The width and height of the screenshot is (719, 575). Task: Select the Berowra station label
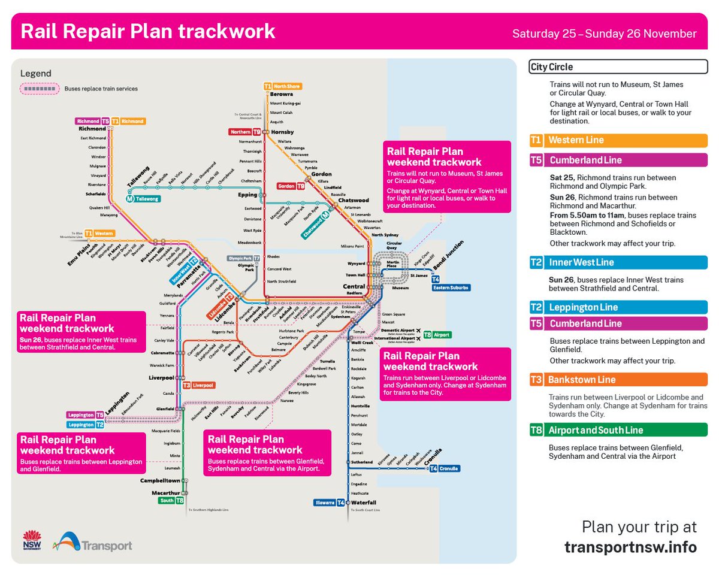click(x=281, y=94)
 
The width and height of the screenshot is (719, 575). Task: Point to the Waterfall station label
click(x=364, y=503)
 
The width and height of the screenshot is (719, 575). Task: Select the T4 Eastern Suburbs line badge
click(x=451, y=284)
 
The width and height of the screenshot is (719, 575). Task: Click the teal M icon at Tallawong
click(x=129, y=198)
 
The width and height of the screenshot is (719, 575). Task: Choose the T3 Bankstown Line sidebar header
click(x=618, y=380)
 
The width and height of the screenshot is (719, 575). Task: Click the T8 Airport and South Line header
click(x=618, y=430)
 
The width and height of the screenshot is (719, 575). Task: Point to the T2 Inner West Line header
click(x=618, y=262)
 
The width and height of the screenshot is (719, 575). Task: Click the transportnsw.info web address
click(x=630, y=547)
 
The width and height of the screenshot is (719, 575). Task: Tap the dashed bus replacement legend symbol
click(x=40, y=89)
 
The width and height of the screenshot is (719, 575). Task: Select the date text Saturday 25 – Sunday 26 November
click(x=604, y=34)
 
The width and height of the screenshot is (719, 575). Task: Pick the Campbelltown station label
click(x=160, y=480)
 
